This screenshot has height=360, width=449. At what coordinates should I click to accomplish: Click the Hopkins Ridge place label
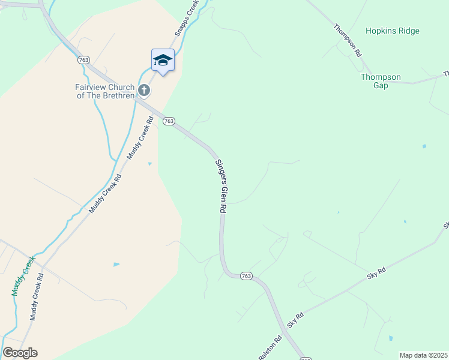pos(393,31)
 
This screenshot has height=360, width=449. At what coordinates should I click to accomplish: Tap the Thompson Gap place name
pos(381,81)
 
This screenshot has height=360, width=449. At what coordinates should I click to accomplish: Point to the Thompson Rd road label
pos(348,40)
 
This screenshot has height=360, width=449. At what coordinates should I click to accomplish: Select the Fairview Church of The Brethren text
pos(105,91)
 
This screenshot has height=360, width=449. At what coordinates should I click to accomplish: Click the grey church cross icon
pos(143,91)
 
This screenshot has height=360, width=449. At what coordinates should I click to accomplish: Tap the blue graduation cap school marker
pos(163,60)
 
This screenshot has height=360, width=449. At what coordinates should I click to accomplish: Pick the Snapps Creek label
pos(187,18)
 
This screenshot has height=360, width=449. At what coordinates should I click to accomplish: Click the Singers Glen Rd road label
pos(220,185)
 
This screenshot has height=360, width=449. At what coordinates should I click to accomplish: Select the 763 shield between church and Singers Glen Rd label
pos(169,121)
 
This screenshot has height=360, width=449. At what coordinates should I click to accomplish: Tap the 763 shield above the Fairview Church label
pos(83,60)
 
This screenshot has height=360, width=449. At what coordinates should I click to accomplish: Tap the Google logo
pos(20,353)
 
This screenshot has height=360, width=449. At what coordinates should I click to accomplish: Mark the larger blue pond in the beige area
pos(116,264)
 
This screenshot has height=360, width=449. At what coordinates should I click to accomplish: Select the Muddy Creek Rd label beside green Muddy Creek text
pos(37,297)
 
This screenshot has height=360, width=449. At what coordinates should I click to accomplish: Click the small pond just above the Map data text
pos(391,338)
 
